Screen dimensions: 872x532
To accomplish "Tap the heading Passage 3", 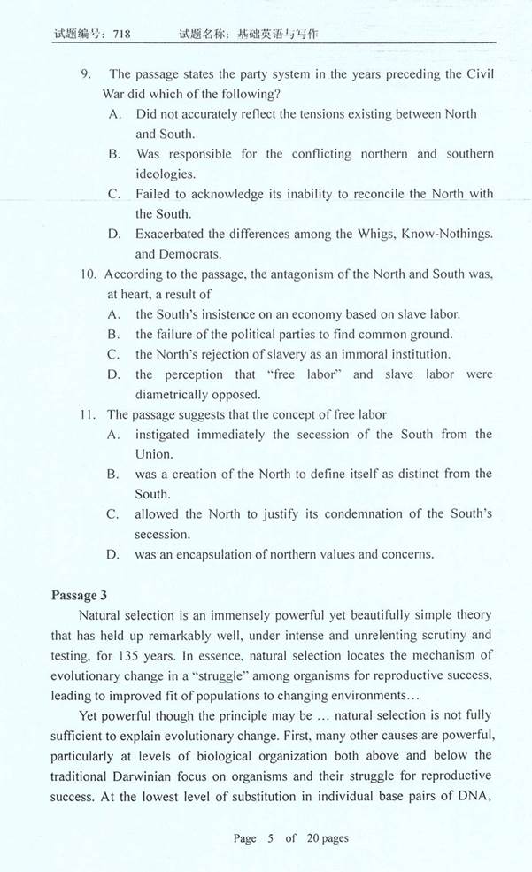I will pyautogui.click(x=81, y=594).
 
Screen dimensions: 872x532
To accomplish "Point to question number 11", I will pyautogui.click(x=87, y=413).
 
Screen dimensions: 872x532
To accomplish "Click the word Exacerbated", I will pyautogui.click(x=173, y=234).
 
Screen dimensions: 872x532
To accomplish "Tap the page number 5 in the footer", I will pyautogui.click(x=270, y=838).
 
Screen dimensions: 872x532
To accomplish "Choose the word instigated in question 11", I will pyautogui.click(x=167, y=434).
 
